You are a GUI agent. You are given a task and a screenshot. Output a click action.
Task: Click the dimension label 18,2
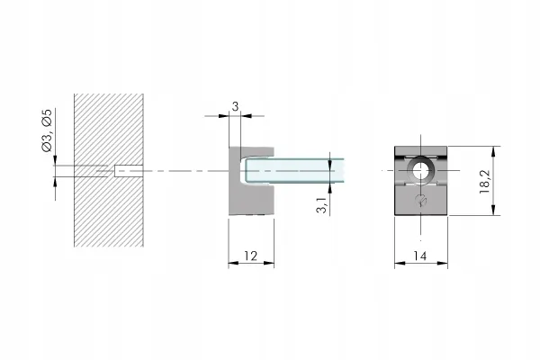[484, 182]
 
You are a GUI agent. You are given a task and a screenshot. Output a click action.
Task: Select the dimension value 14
[419, 256]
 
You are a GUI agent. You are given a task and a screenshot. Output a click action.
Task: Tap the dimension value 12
[251, 256]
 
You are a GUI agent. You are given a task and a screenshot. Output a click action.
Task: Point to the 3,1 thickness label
[321, 205]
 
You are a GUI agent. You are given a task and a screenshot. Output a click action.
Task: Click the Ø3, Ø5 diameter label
[47, 130]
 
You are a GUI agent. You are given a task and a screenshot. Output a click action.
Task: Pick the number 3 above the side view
[235, 107]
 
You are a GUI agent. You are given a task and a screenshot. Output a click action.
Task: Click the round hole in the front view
[420, 170]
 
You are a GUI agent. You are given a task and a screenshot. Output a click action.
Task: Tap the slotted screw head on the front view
[421, 200]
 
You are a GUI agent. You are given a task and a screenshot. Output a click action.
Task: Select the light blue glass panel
[295, 170]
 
